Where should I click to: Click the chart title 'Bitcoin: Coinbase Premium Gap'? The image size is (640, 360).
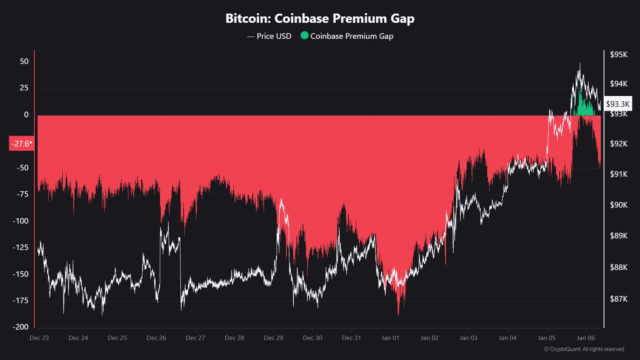click(320, 18)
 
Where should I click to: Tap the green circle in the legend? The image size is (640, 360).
click(304, 36)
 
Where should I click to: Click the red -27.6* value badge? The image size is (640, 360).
click(21, 144)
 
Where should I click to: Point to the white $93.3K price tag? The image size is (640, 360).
click(618, 104)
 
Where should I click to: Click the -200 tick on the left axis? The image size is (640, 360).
click(21, 327)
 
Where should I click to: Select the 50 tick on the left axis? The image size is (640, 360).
click(24, 61)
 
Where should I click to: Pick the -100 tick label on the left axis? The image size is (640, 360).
click(21, 221)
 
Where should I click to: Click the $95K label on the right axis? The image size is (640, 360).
click(618, 54)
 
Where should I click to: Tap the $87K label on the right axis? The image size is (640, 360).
click(618, 299)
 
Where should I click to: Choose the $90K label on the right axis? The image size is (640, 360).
click(618, 205)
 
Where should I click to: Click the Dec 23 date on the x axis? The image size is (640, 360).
click(39, 338)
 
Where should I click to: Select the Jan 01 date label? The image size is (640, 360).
click(390, 338)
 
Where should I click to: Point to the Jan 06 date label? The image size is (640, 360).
click(586, 338)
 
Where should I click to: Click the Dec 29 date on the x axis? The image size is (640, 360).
click(274, 338)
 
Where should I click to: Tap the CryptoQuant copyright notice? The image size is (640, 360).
click(584, 349)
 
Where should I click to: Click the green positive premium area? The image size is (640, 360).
click(584, 108)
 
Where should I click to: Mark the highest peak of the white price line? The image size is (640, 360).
click(580, 64)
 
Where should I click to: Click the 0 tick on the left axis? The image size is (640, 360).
click(26, 114)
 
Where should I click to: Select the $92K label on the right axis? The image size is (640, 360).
click(618, 144)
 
